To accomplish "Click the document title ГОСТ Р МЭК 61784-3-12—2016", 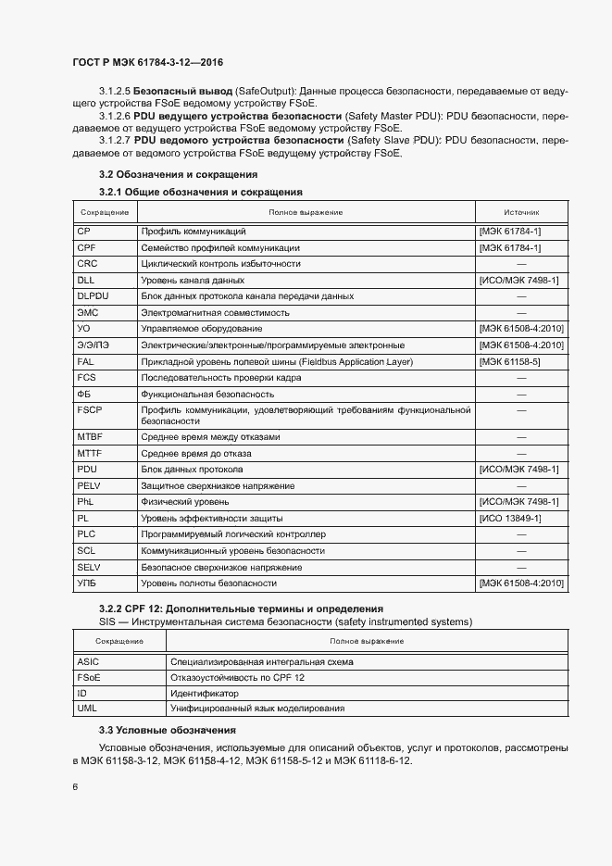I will pos(148,63).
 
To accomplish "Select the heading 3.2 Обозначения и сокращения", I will pos(178,174).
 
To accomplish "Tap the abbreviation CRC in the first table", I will pos(88,264).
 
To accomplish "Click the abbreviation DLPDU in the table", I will pos(94,296).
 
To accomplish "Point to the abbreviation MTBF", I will pos(90,436).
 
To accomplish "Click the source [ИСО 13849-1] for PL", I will pos(510,519).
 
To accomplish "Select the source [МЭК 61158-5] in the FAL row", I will pos(508,361).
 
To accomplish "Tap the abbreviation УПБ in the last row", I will pos(87,584).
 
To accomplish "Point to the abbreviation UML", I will pos(88,709).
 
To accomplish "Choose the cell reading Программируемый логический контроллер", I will pos(232,535).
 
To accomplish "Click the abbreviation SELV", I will pos(89,567).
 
